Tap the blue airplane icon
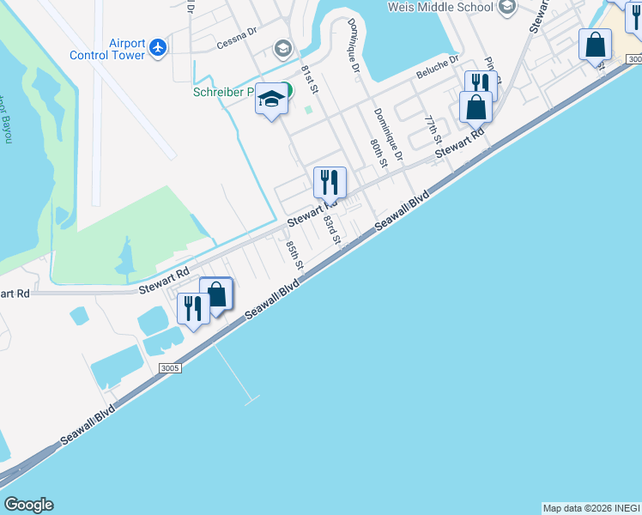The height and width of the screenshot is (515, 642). (158, 48)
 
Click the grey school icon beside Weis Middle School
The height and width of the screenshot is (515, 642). (506, 8)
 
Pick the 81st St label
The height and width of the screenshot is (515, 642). (310, 76)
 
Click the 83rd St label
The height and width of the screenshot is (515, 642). (332, 230)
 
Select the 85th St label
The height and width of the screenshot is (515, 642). (294, 254)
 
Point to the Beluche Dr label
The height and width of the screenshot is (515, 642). (438, 65)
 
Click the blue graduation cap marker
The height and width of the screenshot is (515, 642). (270, 100)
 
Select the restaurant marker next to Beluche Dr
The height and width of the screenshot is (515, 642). (481, 84)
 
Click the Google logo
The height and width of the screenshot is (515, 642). (28, 505)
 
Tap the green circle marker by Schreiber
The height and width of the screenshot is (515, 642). (287, 89)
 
